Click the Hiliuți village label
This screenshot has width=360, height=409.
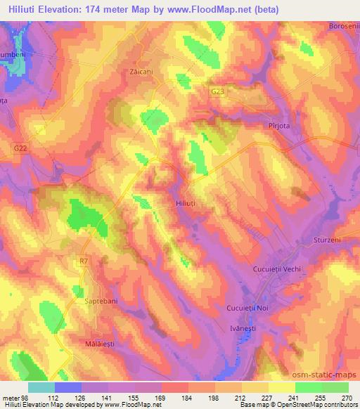coord(186,202)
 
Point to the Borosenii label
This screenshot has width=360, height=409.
coord(342,26)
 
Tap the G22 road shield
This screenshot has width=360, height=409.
coord(21,148)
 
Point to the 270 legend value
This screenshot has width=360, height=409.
coord(347,397)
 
